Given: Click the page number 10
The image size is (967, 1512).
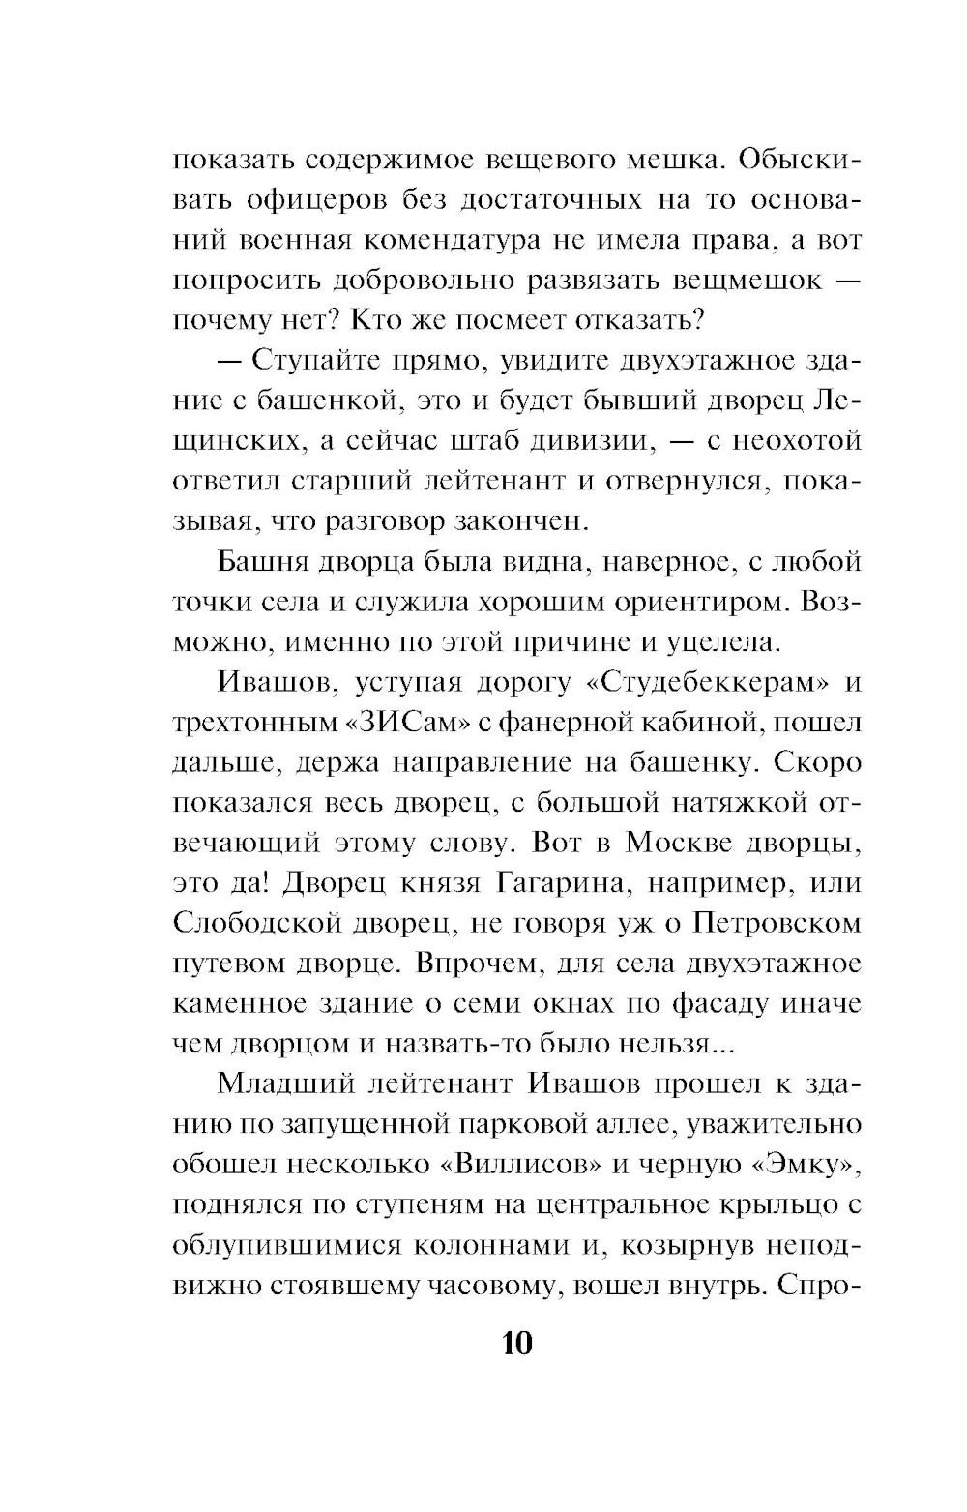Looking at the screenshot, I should pyautogui.click(x=516, y=1344).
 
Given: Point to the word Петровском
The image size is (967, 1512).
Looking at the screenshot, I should pyautogui.click(x=777, y=924).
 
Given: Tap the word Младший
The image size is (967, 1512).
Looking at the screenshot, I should pyautogui.click(x=287, y=1083).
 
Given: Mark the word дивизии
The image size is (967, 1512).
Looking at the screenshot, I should pyautogui.click(x=580, y=441).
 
